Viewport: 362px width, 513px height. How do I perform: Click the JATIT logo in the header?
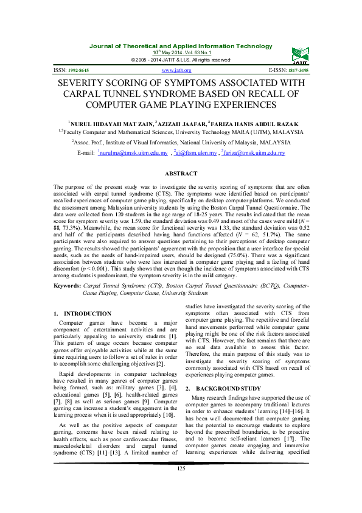click(x=299, y=53)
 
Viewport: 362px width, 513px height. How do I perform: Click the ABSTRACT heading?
click(x=181, y=174)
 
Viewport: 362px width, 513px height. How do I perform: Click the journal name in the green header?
click(x=181, y=46)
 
